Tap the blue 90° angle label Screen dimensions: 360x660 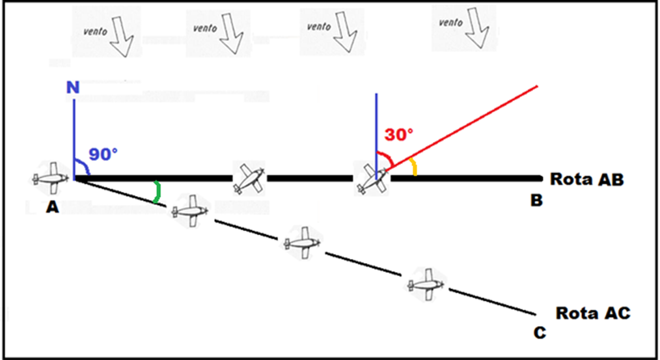pos(103,155)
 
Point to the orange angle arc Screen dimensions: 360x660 pos(414,169)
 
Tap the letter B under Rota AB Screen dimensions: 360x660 pos(536,201)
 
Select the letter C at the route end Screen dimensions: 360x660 pos(540,333)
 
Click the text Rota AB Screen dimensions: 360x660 pos(586,179)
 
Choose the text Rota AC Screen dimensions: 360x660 pos(592,313)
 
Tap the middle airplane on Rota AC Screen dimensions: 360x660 pos(301,243)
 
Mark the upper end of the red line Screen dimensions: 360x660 pos(538,85)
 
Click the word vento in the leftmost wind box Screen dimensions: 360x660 pos(94,30)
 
